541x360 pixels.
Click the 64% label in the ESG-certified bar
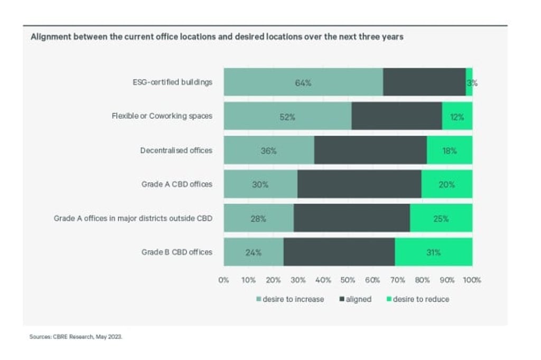[303, 82]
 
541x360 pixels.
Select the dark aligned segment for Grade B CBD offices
[339, 252]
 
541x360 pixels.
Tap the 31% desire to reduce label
[433, 252]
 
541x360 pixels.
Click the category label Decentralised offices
[176, 150]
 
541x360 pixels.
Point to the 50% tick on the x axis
[348, 280]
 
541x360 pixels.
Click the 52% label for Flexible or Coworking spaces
[287, 117]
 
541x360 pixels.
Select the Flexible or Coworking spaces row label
[162, 116]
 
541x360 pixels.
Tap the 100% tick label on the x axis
[472, 280]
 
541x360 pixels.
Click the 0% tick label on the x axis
[223, 280]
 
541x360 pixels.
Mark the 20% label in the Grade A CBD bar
[446, 184]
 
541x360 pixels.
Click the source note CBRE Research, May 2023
[76, 336]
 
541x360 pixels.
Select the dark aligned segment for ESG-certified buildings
[424, 82]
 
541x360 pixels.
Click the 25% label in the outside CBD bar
[441, 219]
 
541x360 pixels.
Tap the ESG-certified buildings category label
[172, 82]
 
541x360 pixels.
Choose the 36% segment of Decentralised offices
[268, 150]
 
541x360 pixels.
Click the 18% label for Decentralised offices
[449, 150]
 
